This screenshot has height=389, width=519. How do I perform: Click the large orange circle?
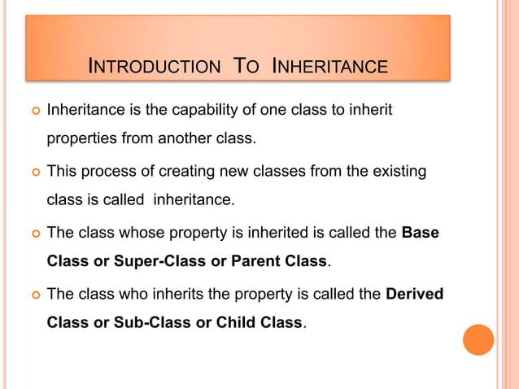(x=478, y=339)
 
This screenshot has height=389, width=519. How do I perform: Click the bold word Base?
(x=421, y=233)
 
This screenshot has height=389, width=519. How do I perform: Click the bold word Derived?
(x=414, y=293)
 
